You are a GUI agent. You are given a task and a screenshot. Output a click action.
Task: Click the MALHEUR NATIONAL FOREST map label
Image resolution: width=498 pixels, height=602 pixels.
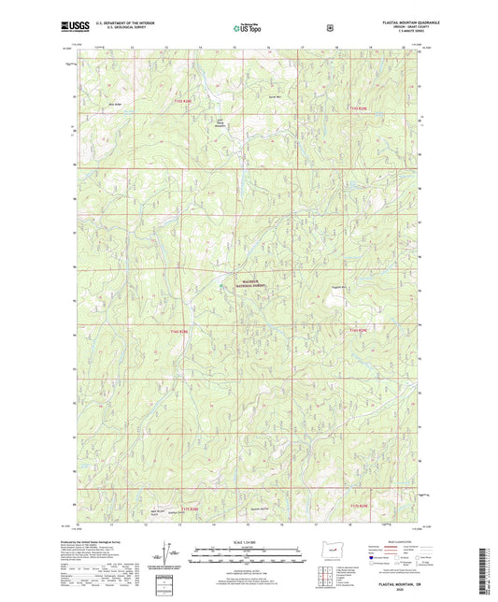[248, 287]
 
